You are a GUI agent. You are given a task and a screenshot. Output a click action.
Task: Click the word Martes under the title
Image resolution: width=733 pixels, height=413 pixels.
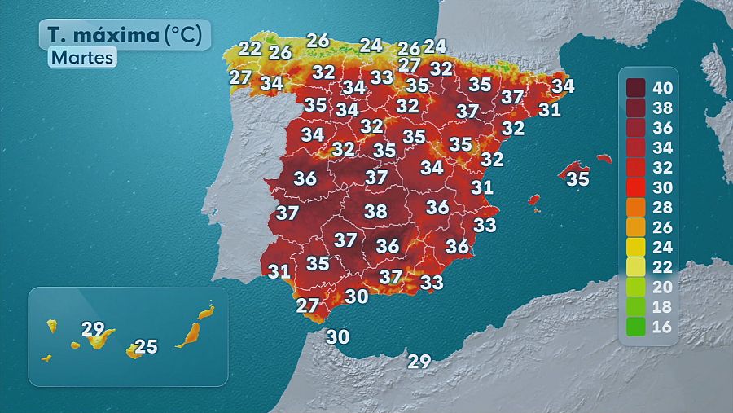click(x=82, y=58)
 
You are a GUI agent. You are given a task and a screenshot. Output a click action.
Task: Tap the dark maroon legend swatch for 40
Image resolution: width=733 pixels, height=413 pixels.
click(x=635, y=87)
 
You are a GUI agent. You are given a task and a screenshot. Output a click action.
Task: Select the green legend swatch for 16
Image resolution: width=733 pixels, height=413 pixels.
click(x=635, y=327)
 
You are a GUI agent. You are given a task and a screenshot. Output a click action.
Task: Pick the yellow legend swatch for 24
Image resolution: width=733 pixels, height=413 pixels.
click(x=635, y=247)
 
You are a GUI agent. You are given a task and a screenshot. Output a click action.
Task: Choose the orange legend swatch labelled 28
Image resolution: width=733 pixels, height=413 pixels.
click(x=635, y=207)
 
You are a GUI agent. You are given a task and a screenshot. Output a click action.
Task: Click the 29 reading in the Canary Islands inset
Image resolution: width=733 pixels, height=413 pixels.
click(x=94, y=329)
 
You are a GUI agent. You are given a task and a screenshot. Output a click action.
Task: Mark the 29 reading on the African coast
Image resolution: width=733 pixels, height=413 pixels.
click(x=419, y=362)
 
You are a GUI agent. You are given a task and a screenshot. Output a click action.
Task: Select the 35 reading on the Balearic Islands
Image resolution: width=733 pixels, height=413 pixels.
click(x=577, y=178)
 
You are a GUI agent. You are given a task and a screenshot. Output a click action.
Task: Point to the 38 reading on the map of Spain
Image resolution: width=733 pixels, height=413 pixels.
click(x=375, y=211)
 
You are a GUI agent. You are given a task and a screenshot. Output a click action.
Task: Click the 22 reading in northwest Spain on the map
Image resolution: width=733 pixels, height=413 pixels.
click(x=250, y=48)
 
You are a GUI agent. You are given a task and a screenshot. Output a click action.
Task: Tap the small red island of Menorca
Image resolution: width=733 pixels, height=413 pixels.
click(x=604, y=159)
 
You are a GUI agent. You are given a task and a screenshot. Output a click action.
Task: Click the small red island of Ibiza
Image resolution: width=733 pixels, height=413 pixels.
click(x=534, y=200)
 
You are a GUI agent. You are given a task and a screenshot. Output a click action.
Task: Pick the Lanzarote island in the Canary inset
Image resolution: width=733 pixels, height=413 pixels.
click(x=207, y=311)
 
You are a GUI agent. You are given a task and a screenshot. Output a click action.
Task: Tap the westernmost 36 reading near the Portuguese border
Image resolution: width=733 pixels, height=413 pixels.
click(x=305, y=178)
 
